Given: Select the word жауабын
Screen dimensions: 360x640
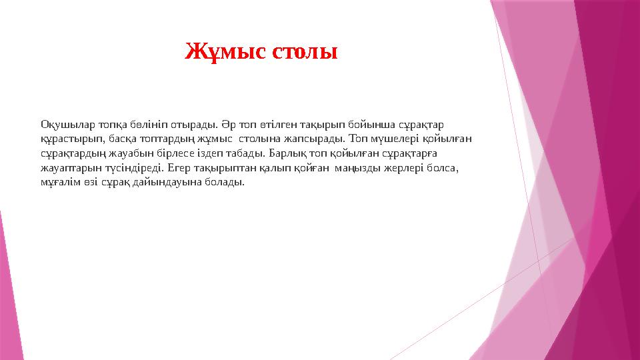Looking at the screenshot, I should (125, 153).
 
